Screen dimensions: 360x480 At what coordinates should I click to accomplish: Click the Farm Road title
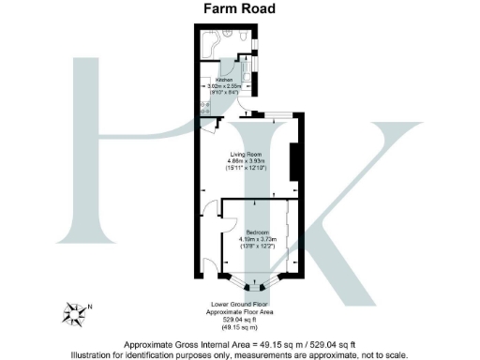pos(239,10)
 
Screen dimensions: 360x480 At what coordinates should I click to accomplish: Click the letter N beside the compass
pos(89,306)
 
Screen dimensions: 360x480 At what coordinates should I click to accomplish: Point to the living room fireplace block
pos(294,160)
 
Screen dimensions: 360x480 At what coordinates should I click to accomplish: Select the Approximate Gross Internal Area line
pos(239,344)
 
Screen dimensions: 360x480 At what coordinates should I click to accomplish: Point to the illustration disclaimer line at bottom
pos(239,354)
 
